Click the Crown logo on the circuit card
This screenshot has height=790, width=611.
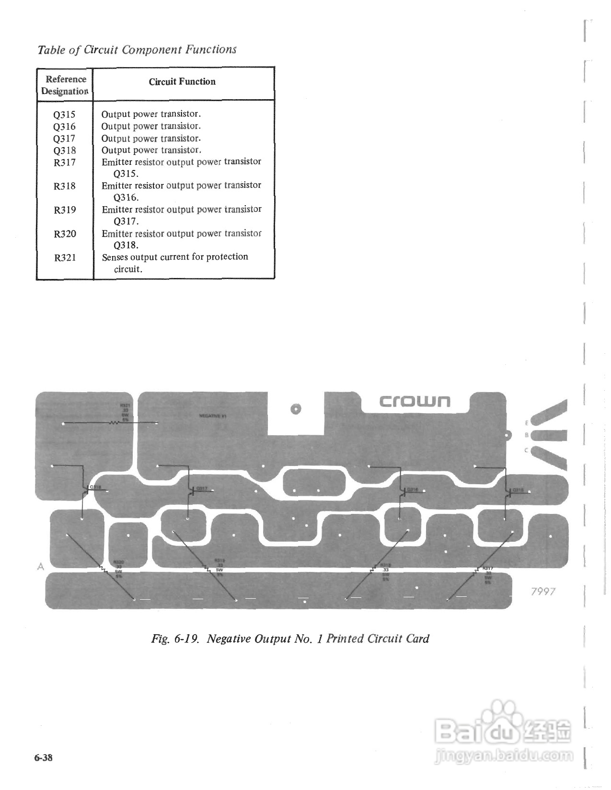[415, 401]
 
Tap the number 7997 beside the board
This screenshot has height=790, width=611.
[543, 591]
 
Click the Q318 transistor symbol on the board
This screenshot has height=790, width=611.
[86, 489]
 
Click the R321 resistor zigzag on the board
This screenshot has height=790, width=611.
[115, 423]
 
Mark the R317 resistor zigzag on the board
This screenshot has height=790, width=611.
[475, 570]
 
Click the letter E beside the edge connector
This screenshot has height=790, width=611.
[527, 423]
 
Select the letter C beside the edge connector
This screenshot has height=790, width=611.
[527, 450]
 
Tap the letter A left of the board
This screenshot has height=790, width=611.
[41, 567]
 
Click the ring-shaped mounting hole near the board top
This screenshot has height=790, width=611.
[295, 409]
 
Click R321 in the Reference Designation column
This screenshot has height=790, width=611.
[65, 257]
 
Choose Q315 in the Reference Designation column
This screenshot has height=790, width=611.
[65, 115]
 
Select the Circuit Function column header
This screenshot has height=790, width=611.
[182, 81]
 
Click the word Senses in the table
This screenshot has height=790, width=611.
[115, 257]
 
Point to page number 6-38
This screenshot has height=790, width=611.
[43, 758]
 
